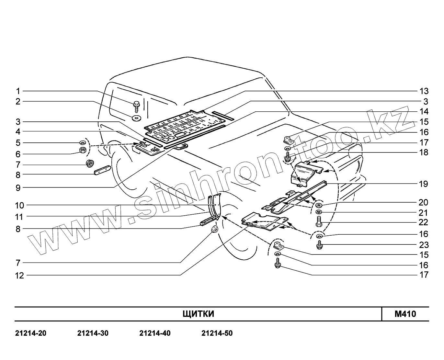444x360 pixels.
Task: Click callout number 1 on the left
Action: (x=18, y=91)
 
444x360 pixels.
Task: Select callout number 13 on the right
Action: (x=424, y=91)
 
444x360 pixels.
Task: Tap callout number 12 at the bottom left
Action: (x=20, y=276)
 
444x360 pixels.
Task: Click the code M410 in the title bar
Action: (x=405, y=314)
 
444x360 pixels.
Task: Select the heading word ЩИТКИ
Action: (x=198, y=314)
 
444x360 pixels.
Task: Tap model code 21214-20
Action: (x=31, y=333)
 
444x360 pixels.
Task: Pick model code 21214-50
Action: (x=217, y=333)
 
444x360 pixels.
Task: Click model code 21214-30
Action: (x=93, y=333)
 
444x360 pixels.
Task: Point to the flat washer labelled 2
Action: (x=136, y=117)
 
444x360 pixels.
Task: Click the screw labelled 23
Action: (x=320, y=245)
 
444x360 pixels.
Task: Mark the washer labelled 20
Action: (x=319, y=205)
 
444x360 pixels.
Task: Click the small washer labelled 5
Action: (x=83, y=142)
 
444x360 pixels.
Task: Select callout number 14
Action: (x=424, y=112)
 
